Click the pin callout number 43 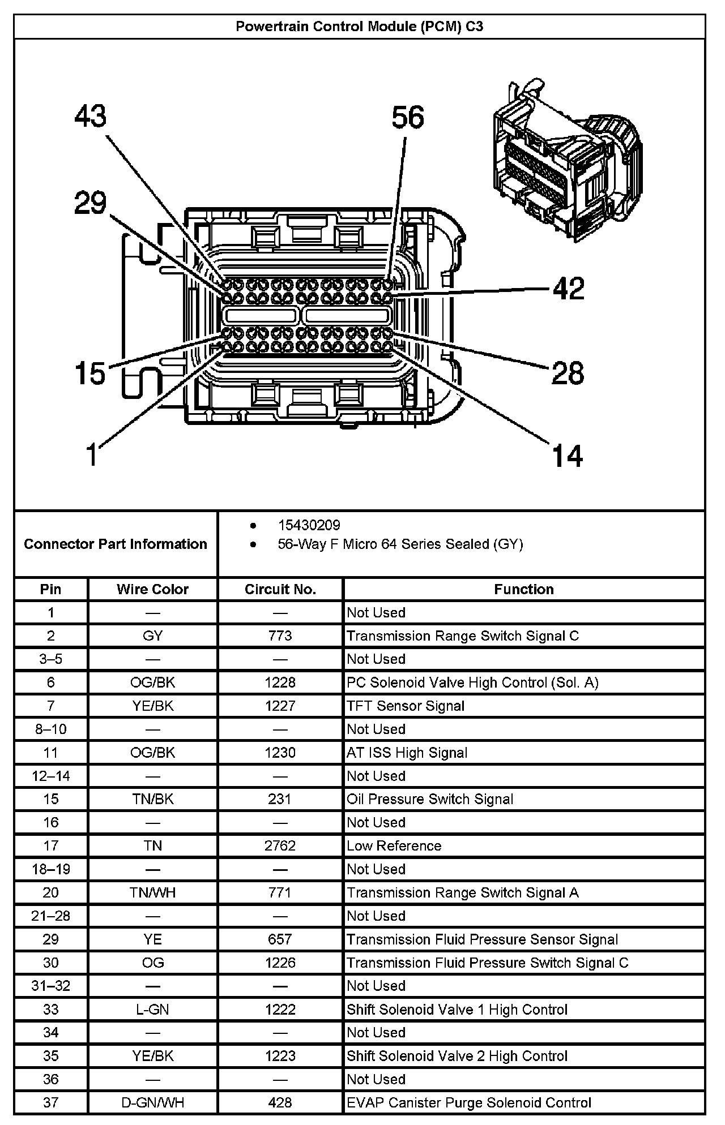(x=91, y=117)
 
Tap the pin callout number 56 (x=408, y=118)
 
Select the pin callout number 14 (x=567, y=456)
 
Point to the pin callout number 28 (x=568, y=373)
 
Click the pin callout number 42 (x=569, y=289)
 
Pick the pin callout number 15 (x=91, y=373)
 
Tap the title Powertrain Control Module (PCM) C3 (x=359, y=27)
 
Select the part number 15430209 (x=309, y=525)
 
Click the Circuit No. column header (x=280, y=589)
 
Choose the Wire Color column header (x=152, y=589)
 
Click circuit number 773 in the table (x=280, y=636)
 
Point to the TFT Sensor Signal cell (x=406, y=706)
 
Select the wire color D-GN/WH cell (x=152, y=1102)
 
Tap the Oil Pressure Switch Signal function (x=430, y=799)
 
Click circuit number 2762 (x=280, y=845)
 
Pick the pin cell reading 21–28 (x=51, y=916)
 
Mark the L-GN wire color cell (x=152, y=1009)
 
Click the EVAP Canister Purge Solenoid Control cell (x=469, y=1102)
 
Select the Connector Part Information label (x=116, y=544)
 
